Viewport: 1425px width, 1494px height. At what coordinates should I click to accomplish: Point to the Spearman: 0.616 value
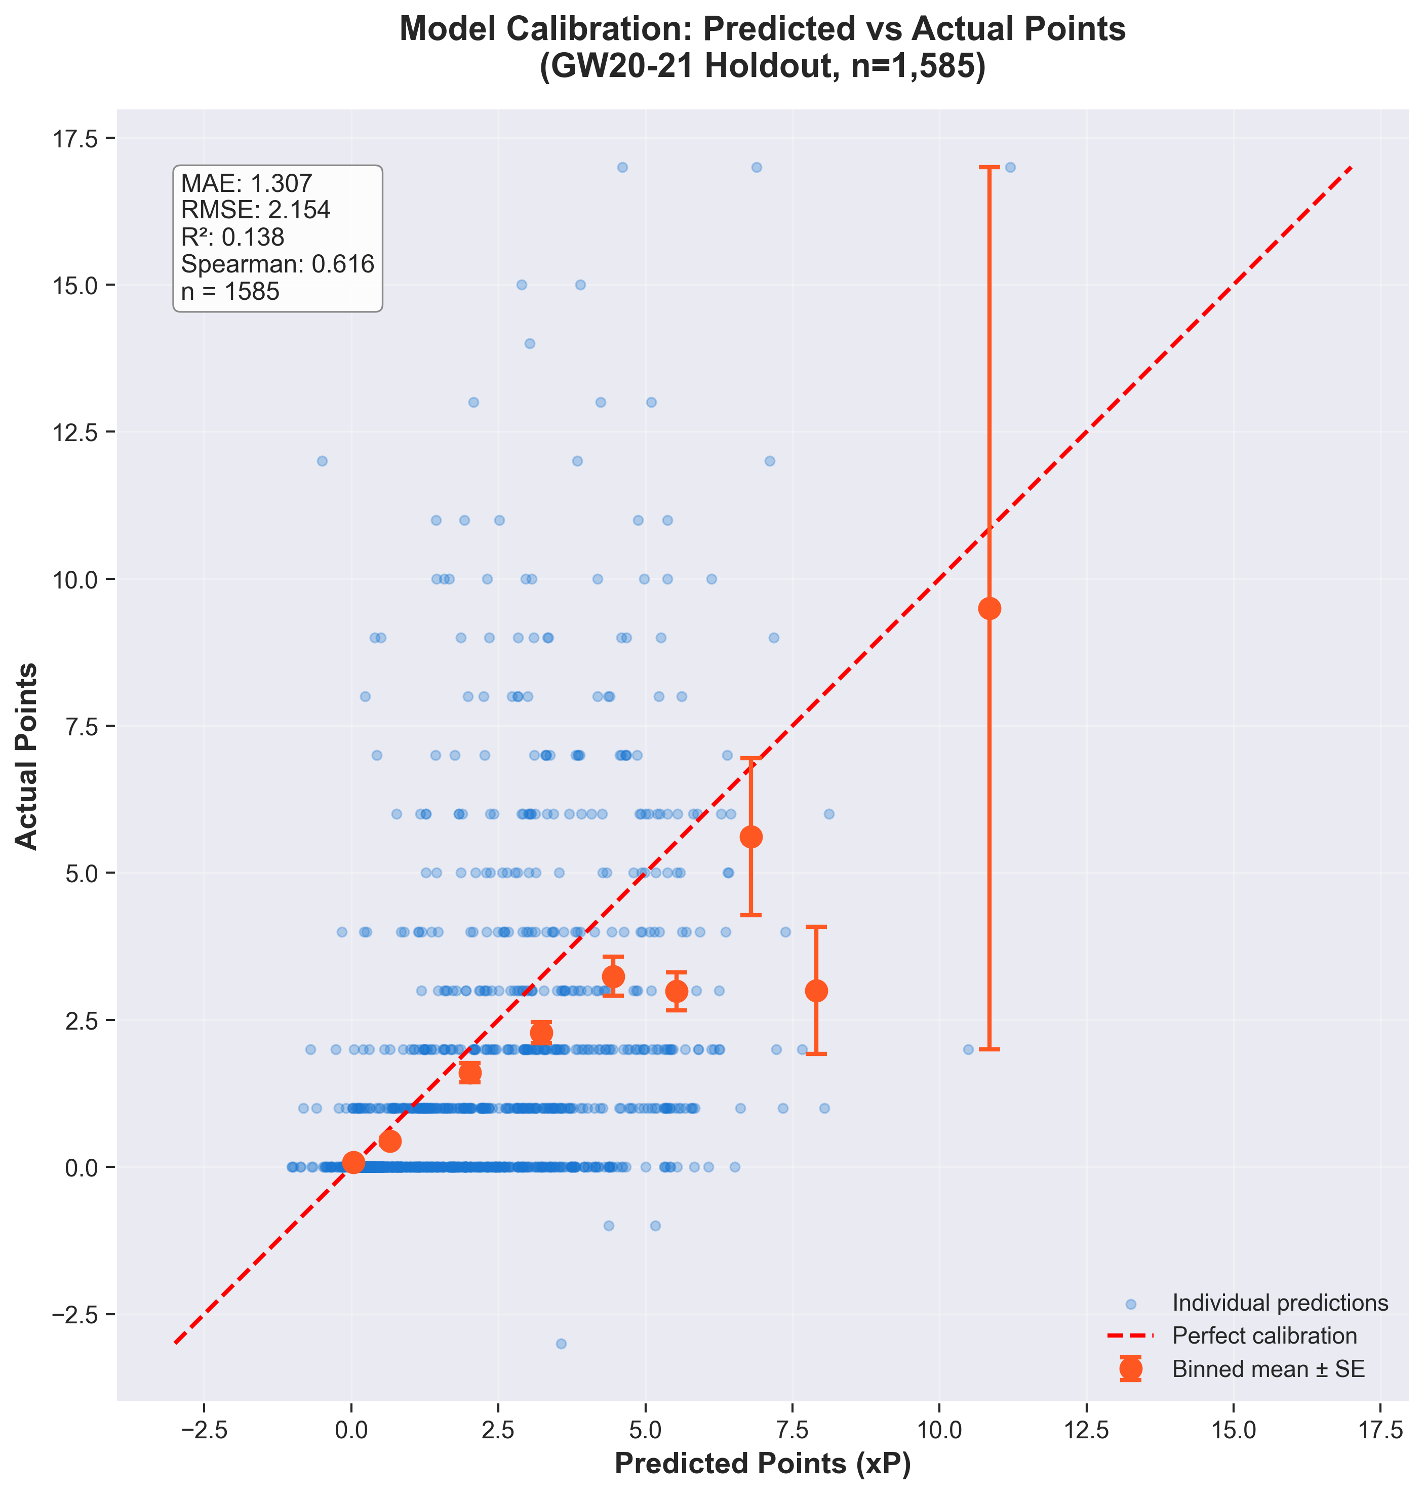point(278,263)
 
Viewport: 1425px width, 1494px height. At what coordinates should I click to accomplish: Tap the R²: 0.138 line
point(232,237)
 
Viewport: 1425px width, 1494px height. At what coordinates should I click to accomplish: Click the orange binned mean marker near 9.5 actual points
point(989,608)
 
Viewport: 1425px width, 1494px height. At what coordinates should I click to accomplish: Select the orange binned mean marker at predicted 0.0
point(353,1162)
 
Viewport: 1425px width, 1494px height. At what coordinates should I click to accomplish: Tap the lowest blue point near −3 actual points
point(561,1344)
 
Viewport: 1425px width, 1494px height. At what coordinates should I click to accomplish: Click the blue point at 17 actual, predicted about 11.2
point(1010,167)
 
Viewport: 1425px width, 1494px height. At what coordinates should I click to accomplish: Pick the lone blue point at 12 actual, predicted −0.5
point(322,461)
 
